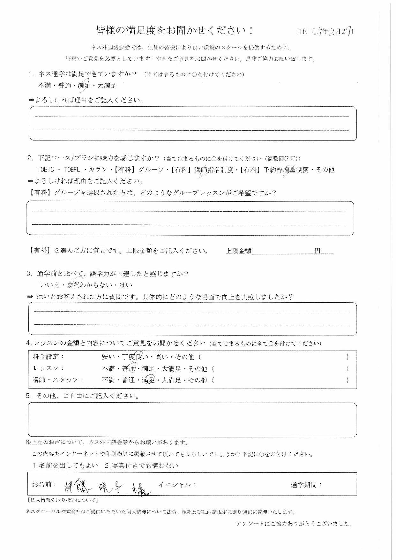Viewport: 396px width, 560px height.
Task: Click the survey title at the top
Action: click(175, 31)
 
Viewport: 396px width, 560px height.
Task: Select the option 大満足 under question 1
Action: click(107, 86)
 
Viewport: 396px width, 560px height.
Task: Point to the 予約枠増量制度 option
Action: click(286, 170)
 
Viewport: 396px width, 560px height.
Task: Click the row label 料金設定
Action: click(49, 357)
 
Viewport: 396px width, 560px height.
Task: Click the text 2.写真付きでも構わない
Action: click(141, 465)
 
